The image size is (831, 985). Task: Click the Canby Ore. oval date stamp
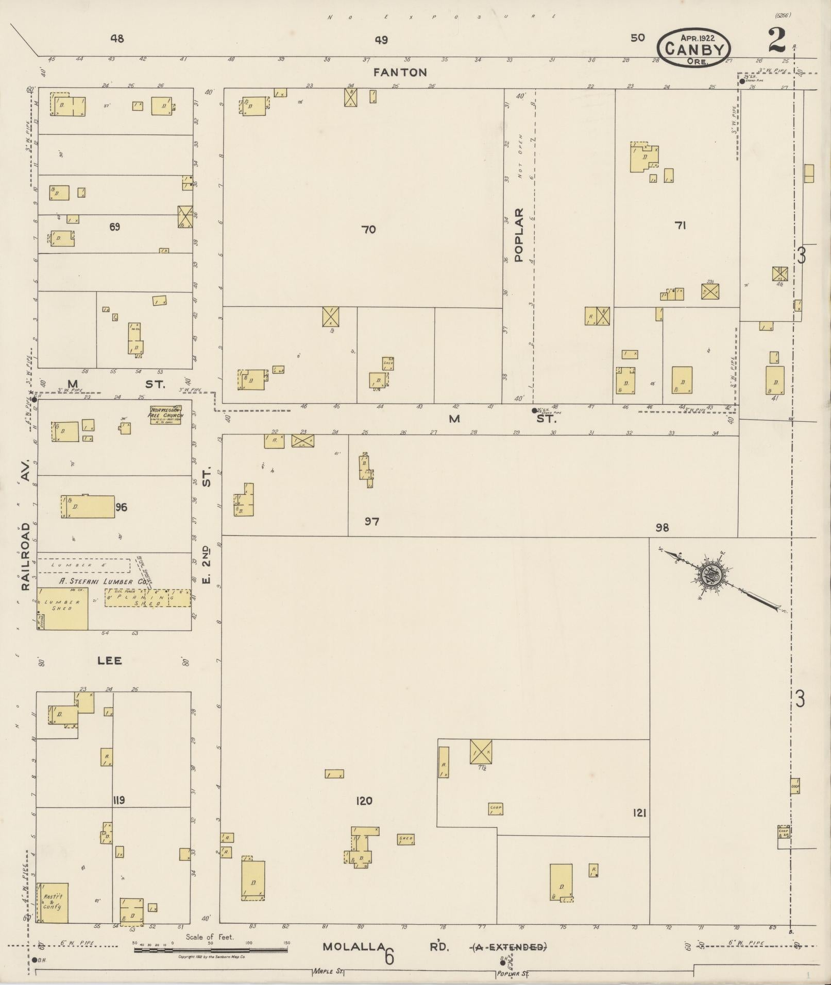point(693,47)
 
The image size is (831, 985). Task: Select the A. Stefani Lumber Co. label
point(103,581)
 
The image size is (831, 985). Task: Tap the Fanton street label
point(401,73)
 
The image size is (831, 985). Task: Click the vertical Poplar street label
point(518,234)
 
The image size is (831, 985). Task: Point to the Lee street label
point(110,661)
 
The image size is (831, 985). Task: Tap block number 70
point(369,230)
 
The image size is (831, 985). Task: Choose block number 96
point(121,508)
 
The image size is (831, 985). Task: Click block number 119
point(118,800)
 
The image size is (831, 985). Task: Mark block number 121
point(640,813)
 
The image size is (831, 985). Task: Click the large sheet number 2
point(776,41)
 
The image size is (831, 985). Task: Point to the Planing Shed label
point(148,598)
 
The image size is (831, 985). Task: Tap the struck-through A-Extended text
point(510,947)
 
